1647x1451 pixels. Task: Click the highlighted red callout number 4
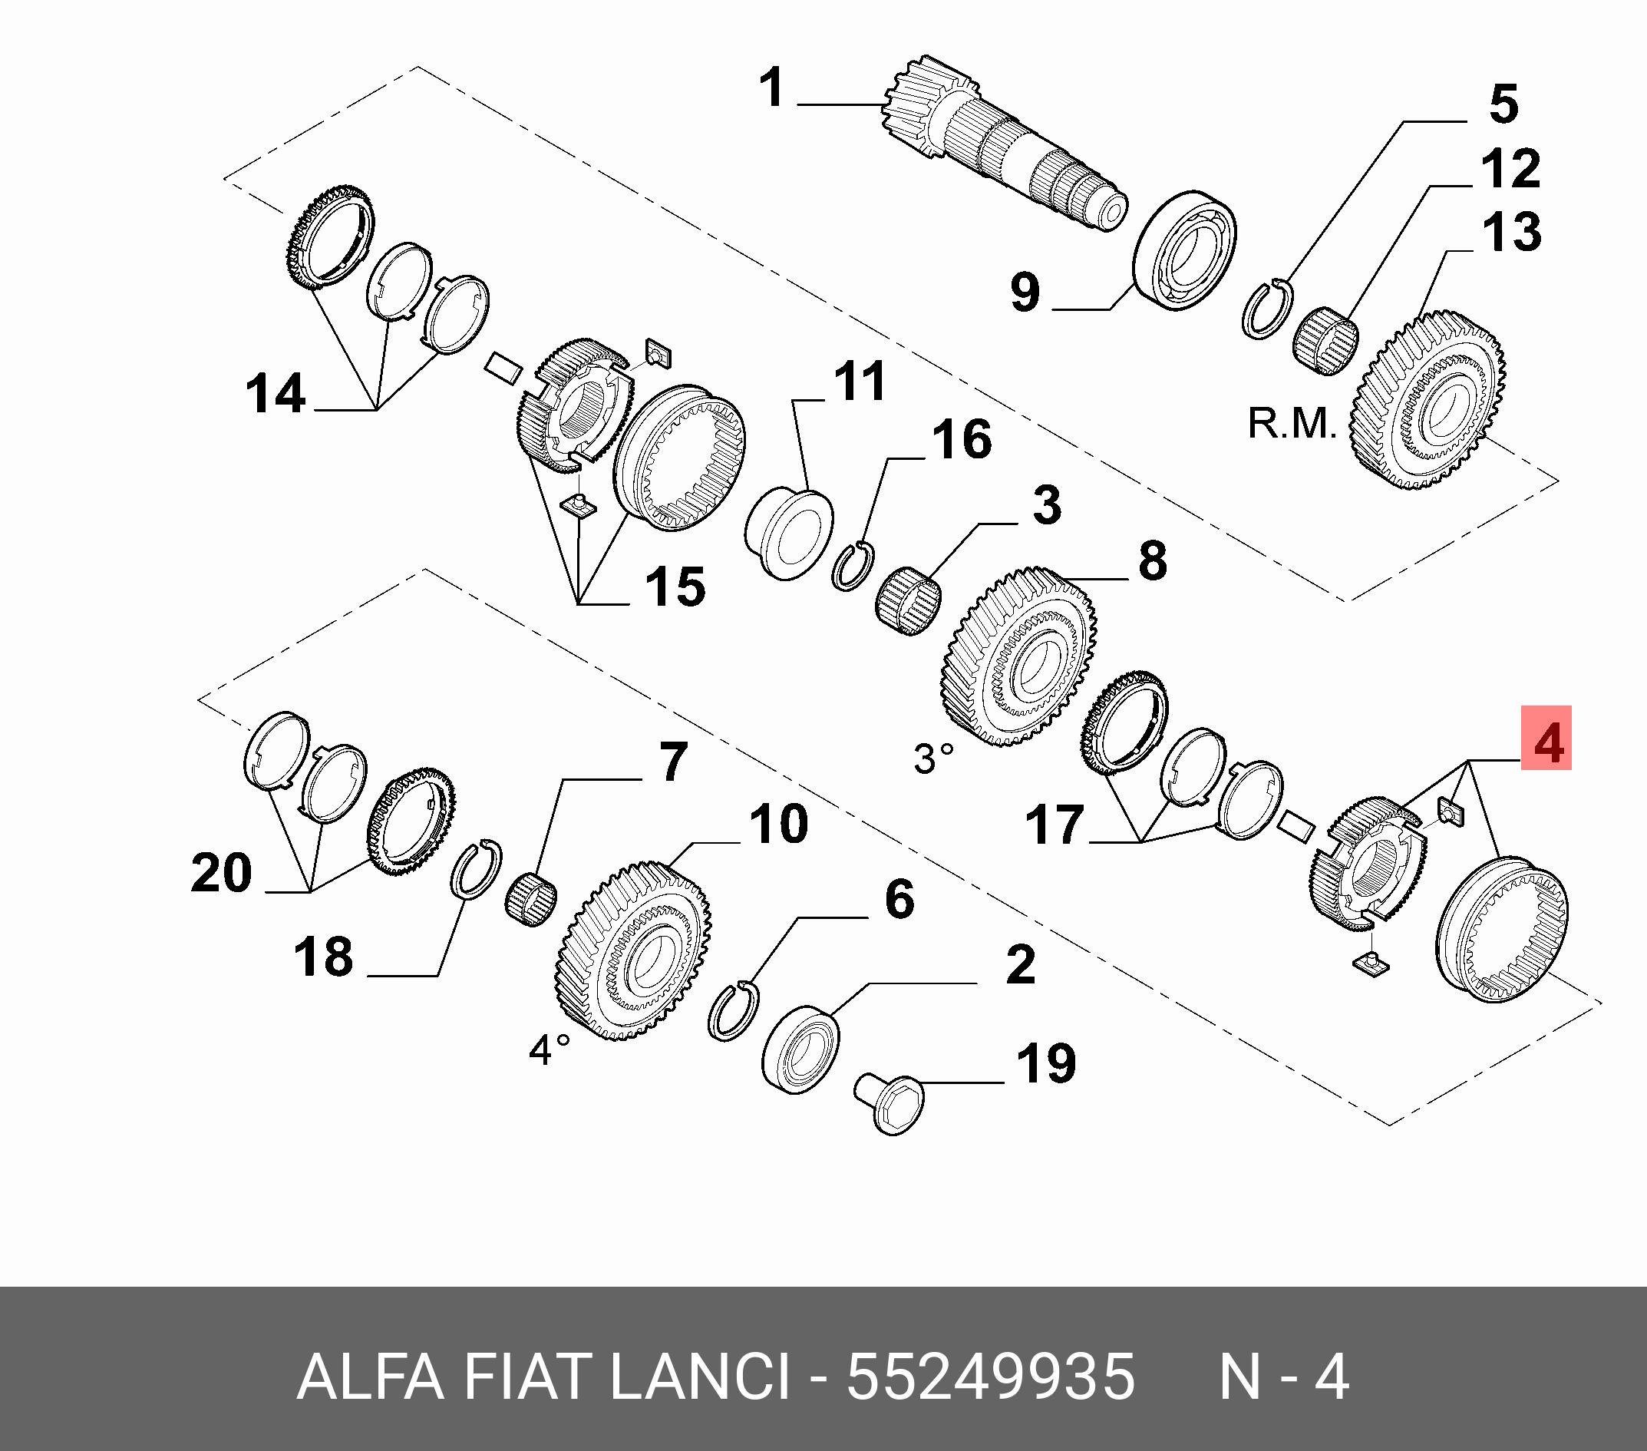[1546, 738]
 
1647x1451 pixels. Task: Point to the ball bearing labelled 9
[1184, 250]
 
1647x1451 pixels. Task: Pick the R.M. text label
[1292, 423]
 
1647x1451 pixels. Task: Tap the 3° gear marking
[933, 759]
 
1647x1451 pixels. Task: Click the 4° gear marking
[550, 1049]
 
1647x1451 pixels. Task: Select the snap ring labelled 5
[1266, 309]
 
